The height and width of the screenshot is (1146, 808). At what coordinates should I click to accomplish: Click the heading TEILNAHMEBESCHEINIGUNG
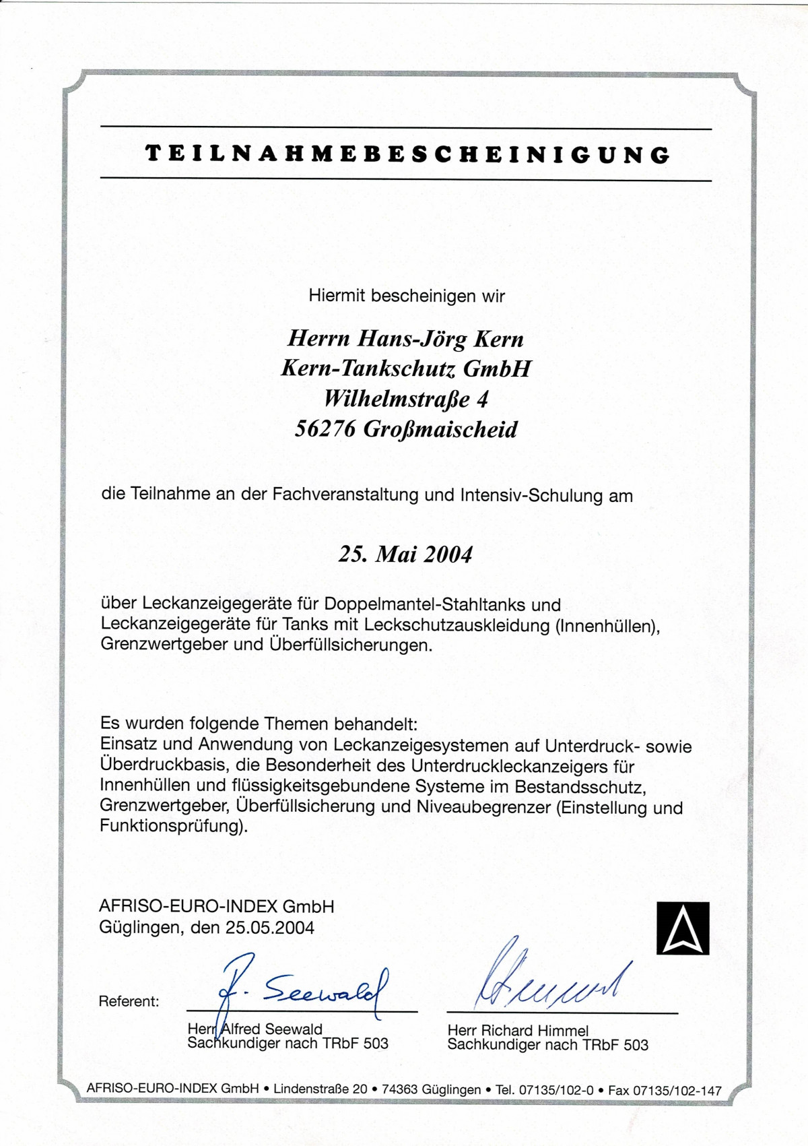407,154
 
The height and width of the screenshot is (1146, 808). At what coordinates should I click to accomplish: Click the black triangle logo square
683,928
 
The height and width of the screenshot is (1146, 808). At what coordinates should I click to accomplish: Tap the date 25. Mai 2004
405,554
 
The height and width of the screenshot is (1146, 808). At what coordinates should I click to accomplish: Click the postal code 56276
325,429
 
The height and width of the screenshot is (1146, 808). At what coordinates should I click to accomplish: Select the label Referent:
129,1002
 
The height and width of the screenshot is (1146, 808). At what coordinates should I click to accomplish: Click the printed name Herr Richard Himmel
518,1030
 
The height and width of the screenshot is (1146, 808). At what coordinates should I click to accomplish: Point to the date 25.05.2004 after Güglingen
269,928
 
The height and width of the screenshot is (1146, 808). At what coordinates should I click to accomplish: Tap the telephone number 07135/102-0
555,1089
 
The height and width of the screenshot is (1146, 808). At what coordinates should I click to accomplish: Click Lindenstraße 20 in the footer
321,1089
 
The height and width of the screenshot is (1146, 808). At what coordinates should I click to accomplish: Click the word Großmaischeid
440,429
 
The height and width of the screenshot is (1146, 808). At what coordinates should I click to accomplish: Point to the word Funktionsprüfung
171,826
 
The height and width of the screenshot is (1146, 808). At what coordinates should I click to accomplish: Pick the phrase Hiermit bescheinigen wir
407,295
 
